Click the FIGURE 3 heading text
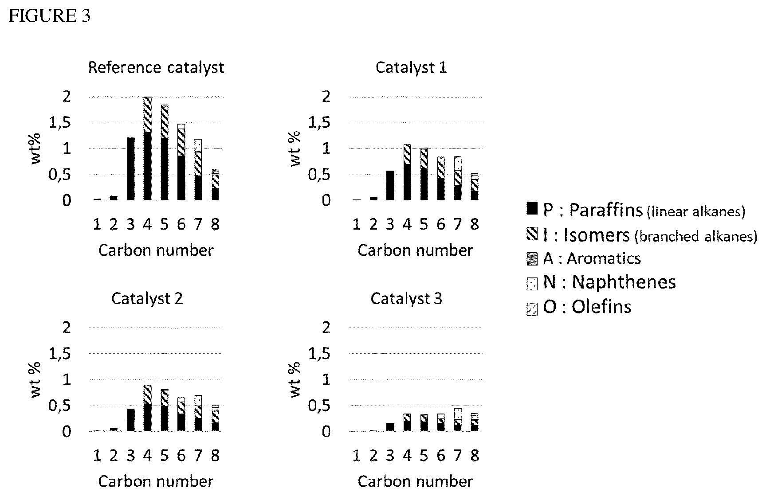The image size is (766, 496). coord(50,16)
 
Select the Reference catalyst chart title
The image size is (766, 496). coord(156,68)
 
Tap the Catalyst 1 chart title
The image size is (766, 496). coord(411,68)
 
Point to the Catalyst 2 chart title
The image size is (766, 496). coord(147,299)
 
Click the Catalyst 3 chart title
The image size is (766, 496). coord(406,299)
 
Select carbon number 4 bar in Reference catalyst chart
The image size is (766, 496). coord(147,148)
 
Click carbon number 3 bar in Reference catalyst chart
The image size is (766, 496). coord(130,169)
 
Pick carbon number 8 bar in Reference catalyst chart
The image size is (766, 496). coord(215,185)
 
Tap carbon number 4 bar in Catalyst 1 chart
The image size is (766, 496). coord(407,172)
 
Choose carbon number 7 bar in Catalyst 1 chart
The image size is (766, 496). coord(458,178)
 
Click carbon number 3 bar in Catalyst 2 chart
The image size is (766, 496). coord(130,420)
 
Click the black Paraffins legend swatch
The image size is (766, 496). coord(532,209)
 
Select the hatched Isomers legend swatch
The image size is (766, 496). coord(532,234)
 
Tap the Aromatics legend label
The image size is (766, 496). coord(592,258)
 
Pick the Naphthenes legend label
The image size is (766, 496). coord(609,282)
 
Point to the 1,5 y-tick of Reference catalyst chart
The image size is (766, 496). coord(60,123)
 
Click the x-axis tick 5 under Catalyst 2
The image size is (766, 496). coord(164,456)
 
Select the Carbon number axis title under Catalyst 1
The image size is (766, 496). coord(415,250)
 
